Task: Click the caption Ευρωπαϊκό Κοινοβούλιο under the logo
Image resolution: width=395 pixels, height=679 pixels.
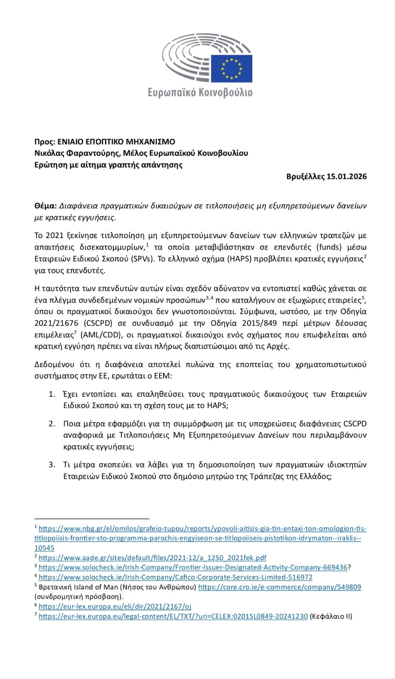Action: point(200,92)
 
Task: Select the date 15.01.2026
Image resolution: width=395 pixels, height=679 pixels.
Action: point(347,177)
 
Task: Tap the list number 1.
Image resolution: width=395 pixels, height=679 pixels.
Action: point(52,394)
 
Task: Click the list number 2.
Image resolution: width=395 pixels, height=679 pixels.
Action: point(52,424)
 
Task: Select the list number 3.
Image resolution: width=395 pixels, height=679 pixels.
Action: point(52,465)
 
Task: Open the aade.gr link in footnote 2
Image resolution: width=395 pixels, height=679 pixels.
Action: point(152,558)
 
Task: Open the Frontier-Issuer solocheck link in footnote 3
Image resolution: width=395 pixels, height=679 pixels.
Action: point(193,567)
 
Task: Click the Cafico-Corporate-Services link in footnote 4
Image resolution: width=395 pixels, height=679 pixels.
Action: point(175,577)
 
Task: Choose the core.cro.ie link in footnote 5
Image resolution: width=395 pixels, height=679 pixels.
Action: point(279,587)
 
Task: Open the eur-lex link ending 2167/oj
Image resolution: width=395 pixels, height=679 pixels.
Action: point(115,607)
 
